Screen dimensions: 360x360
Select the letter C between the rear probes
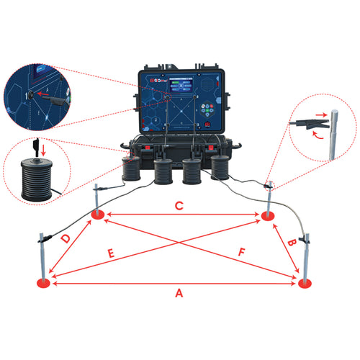(180, 207)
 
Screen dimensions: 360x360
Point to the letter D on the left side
(66, 238)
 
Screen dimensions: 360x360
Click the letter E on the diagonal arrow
(111, 254)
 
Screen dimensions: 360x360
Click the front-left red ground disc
(44, 284)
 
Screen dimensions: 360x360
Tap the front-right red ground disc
(305, 284)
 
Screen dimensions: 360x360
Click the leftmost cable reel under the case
(131, 170)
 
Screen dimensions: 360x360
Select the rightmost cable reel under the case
(220, 168)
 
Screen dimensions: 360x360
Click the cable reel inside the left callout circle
(35, 175)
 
